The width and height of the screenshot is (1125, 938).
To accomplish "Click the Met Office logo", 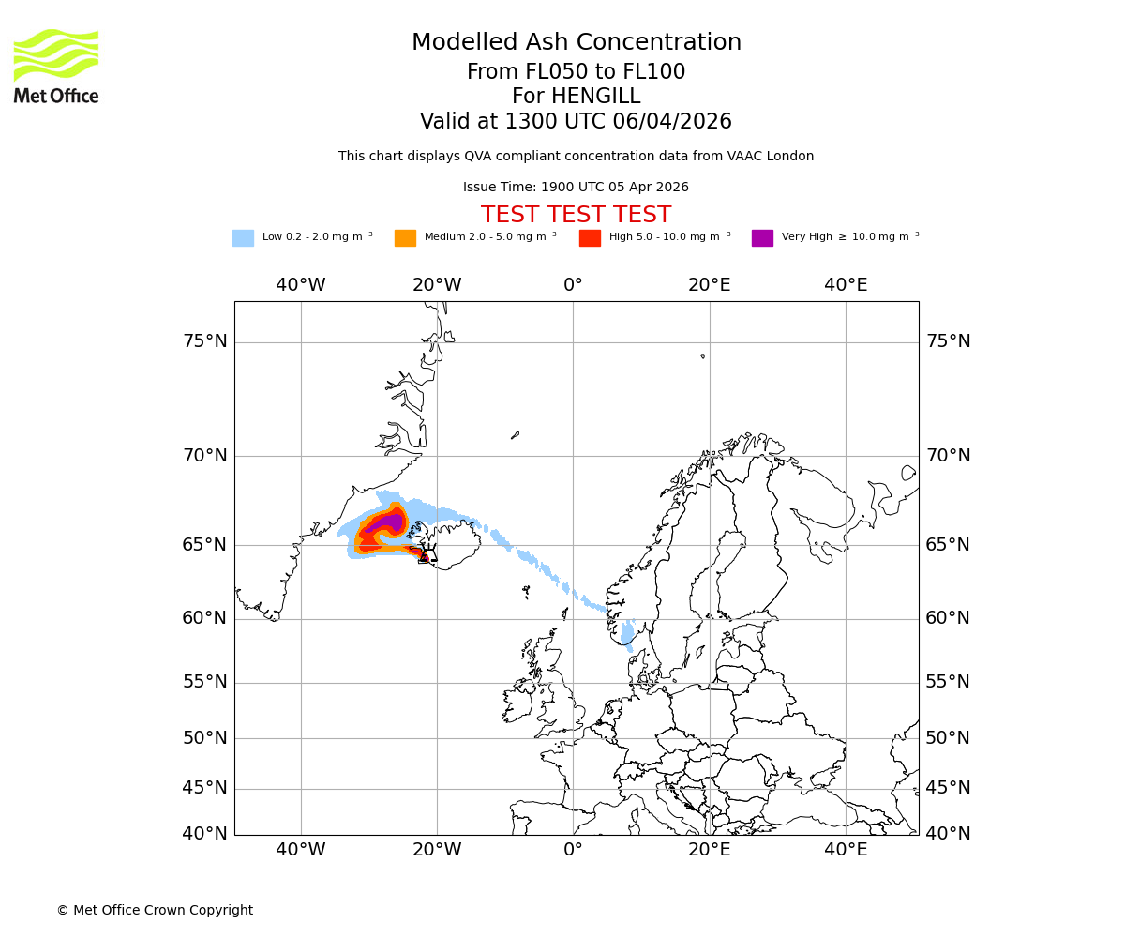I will (56, 66).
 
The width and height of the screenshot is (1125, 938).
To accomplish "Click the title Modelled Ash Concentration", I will (576, 43).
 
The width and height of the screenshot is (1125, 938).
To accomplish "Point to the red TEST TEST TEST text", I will (576, 215).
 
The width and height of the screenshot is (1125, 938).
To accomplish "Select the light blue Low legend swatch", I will (243, 237).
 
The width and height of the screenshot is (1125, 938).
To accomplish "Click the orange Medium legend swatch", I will (405, 237).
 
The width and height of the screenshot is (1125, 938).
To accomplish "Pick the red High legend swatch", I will (590, 237).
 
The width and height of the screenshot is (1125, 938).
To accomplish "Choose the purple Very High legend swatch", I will (762, 237).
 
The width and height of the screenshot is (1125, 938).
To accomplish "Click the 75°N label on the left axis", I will (205, 341).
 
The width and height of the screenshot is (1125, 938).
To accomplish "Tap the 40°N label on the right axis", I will (948, 834).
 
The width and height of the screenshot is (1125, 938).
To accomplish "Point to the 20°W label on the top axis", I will (437, 285).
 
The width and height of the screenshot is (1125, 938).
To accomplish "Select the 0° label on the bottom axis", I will (573, 851).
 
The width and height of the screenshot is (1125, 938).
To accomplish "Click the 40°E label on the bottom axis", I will (846, 851).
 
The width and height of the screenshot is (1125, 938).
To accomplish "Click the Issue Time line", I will (576, 188).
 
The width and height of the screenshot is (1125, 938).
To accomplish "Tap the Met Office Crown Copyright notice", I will (155, 910).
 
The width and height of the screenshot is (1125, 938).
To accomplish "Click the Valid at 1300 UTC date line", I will (576, 122).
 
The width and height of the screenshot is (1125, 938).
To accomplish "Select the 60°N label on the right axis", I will (948, 618).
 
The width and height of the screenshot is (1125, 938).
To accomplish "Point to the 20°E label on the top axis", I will (710, 285).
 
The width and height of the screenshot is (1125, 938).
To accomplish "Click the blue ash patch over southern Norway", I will (627, 634).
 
